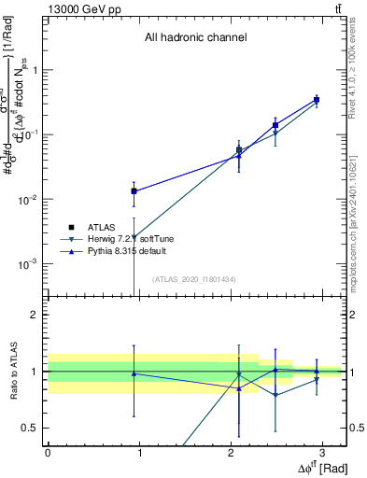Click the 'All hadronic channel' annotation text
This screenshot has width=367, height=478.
click(x=195, y=38)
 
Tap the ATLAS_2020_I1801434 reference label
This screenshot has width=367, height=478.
click(x=195, y=279)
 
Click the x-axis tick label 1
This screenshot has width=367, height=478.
click(x=139, y=453)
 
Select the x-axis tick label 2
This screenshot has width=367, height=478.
click(x=231, y=453)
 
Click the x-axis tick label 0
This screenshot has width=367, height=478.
click(x=48, y=453)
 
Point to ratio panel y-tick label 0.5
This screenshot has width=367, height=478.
click(x=31, y=428)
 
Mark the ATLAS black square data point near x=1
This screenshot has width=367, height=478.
click(x=134, y=190)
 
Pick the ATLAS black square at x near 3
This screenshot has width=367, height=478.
click(x=317, y=99)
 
